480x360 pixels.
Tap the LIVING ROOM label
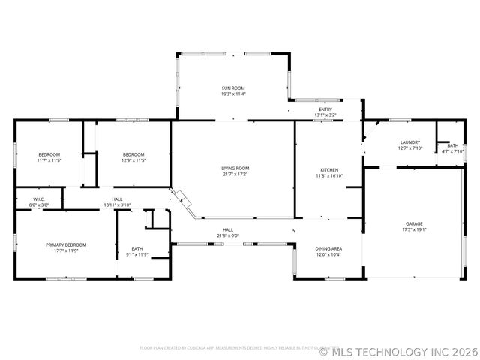click(x=235, y=169)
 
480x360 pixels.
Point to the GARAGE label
click(x=414, y=224)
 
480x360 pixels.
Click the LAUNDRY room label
click(x=409, y=142)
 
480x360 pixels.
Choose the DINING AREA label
click(x=328, y=248)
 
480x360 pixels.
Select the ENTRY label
click(x=325, y=109)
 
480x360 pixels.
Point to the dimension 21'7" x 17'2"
click(x=235, y=175)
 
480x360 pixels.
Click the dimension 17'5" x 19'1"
click(x=414, y=230)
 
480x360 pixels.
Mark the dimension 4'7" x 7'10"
click(x=453, y=151)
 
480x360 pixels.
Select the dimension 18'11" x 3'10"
click(x=117, y=205)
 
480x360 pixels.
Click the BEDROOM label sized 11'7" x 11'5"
click(x=49, y=154)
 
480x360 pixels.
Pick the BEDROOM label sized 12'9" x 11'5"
click(x=133, y=154)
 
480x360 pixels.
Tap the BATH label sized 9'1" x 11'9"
click(x=137, y=248)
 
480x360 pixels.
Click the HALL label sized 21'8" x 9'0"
click(x=228, y=229)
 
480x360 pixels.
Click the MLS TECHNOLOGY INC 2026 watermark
click(x=397, y=349)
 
